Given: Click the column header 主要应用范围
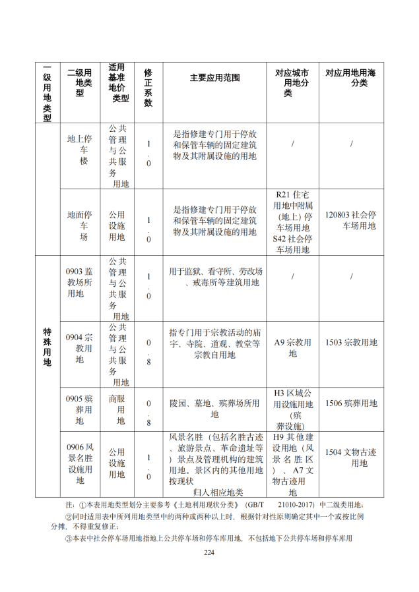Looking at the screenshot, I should coord(214,78).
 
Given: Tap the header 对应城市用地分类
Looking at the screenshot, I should coord(292,82).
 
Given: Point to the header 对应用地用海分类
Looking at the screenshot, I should coord(351,78).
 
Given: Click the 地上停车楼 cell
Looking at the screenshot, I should coord(79,150).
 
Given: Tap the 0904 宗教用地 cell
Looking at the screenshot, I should coord(79,348).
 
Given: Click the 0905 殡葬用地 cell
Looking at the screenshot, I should coord(79,409).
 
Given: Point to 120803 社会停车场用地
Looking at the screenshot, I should coord(351,220).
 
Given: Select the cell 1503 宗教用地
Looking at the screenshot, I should coord(351,343).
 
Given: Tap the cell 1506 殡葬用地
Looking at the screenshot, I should coord(351,403).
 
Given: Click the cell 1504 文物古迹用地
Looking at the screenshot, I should coord(351,458).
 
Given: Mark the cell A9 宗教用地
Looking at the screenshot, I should coord(292,348).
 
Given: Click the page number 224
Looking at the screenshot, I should coord(209,552).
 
